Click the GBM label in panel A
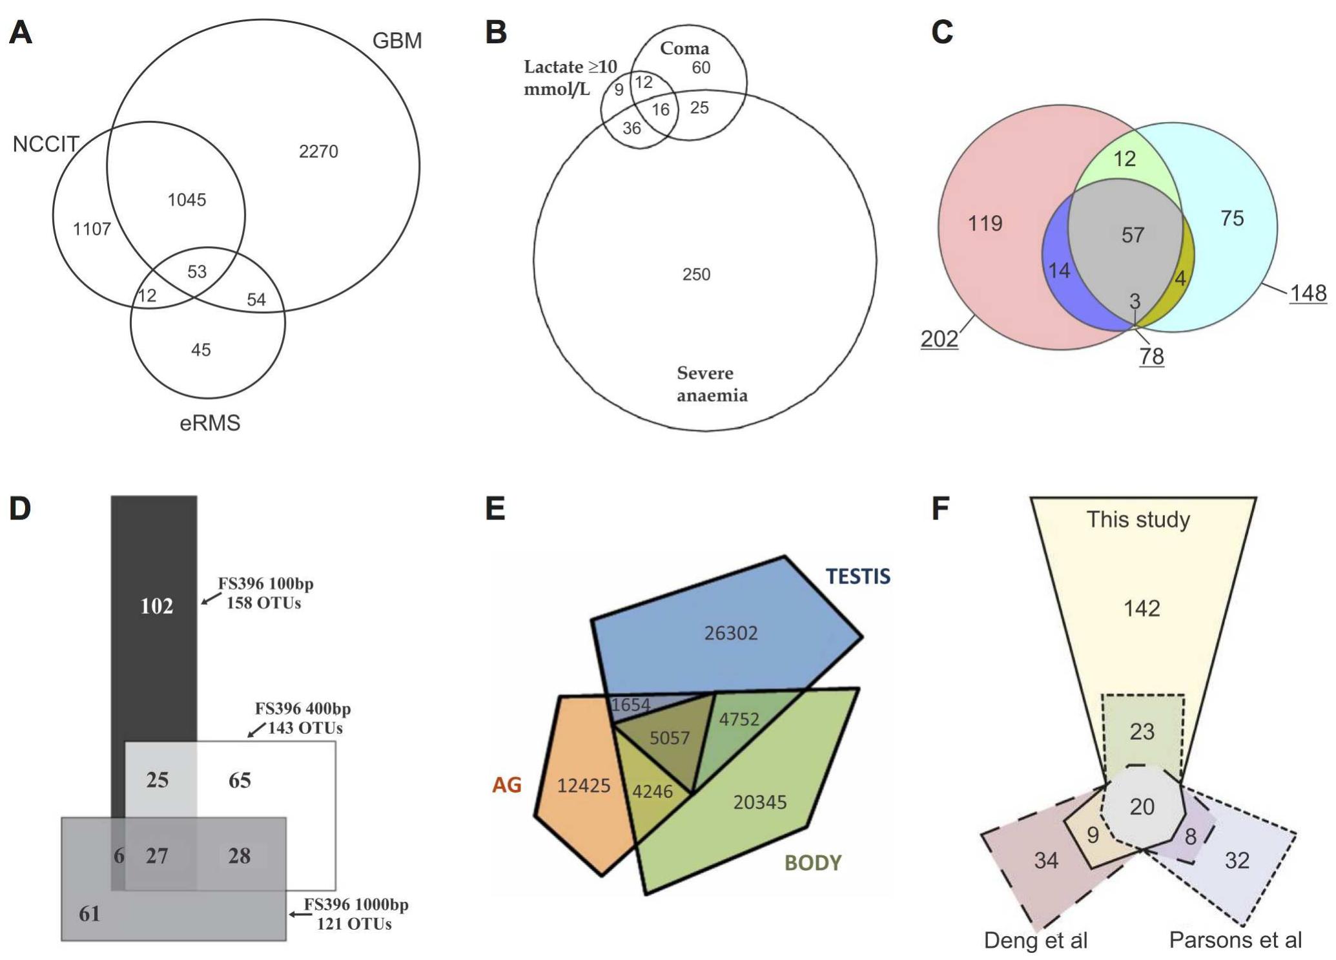[x=396, y=41]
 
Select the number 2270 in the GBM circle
[x=318, y=151]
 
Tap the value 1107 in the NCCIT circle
[x=92, y=229]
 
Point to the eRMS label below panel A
[x=210, y=423]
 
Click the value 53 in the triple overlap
[x=197, y=271]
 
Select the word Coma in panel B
[x=684, y=48]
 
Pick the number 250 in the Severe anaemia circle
[x=696, y=275]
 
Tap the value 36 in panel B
[x=632, y=129]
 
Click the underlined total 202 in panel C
[x=939, y=339]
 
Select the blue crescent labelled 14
[x=1058, y=270]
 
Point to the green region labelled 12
[x=1124, y=159]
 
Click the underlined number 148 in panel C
[x=1308, y=293]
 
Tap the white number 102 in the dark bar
[x=157, y=606]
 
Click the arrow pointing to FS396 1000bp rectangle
[x=296, y=914]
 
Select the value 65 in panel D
[x=240, y=780]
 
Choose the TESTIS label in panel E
[x=858, y=576]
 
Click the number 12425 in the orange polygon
[x=583, y=786]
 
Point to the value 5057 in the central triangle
[x=669, y=738]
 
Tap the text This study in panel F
[x=1137, y=519]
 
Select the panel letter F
[x=940, y=509]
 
